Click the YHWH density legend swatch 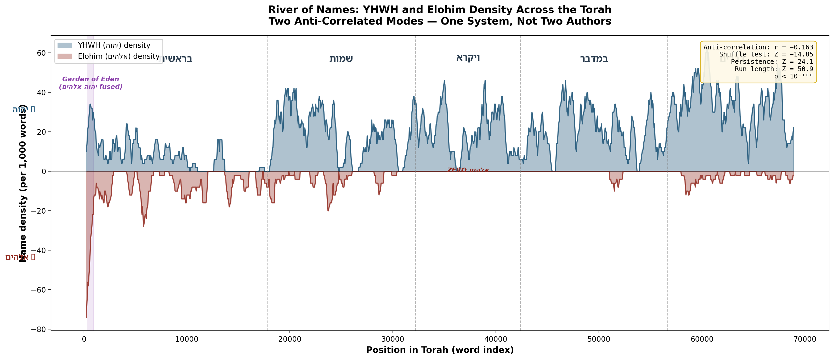coord(65,45)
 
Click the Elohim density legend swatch coord(65,56)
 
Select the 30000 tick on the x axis coord(393,339)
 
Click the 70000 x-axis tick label coord(804,339)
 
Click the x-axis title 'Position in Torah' coord(440,350)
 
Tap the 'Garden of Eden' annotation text coord(91,79)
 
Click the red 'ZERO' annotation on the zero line coord(457,170)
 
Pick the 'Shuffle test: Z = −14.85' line coord(766,54)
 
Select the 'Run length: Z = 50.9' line coord(774,69)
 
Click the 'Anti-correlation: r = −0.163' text coord(758,47)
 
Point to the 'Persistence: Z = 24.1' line coord(771,61)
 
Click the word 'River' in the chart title coord(283,10)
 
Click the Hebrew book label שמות coord(341,59)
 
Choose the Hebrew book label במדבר coord(594,59)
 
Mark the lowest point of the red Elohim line coord(87,317)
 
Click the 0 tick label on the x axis coord(84,339)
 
